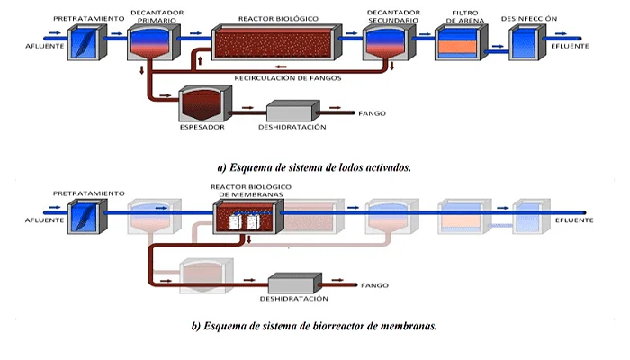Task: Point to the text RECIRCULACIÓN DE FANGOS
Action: [x=286, y=78]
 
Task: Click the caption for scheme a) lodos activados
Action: [x=314, y=166]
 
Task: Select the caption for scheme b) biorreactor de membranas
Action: [x=314, y=325]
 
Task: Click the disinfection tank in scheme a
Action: [x=526, y=43]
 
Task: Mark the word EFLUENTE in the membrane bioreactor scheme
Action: [x=573, y=219]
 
